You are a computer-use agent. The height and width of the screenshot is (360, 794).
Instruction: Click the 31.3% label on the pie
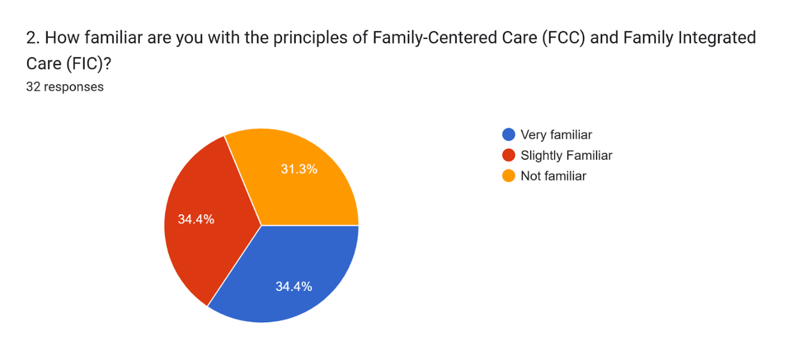[299, 169]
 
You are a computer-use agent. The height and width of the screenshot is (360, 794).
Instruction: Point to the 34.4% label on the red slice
[196, 219]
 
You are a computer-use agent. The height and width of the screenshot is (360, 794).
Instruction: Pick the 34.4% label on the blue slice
[294, 286]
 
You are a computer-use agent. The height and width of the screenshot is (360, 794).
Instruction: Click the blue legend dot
[509, 135]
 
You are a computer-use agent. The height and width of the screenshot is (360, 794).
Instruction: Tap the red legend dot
[509, 155]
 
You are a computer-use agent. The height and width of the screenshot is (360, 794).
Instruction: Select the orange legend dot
[509, 176]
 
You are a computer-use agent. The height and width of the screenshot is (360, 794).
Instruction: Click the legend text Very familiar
[556, 135]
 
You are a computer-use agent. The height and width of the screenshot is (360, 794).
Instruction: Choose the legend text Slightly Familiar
[567, 155]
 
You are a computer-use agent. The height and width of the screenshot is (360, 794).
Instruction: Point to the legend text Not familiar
[553, 176]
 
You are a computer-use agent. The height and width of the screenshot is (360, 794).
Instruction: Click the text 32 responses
[65, 87]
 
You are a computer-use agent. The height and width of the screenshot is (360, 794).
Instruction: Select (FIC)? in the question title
[89, 64]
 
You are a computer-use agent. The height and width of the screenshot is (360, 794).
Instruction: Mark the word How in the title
[62, 38]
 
